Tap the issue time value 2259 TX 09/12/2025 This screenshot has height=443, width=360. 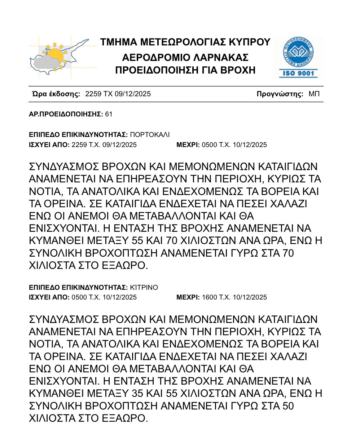[x=118, y=94]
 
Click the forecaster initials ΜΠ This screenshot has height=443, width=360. [x=314, y=94]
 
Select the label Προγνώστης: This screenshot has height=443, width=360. [x=280, y=94]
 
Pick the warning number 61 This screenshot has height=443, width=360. [x=109, y=114]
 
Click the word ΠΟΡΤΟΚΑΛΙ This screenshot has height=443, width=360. [x=149, y=135]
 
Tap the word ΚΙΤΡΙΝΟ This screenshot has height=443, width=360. [x=144, y=287]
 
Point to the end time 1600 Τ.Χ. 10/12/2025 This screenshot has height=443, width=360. [x=234, y=297]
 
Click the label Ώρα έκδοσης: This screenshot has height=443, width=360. [x=56, y=94]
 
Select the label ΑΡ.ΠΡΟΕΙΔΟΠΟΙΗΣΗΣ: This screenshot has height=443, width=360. [x=66, y=114]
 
